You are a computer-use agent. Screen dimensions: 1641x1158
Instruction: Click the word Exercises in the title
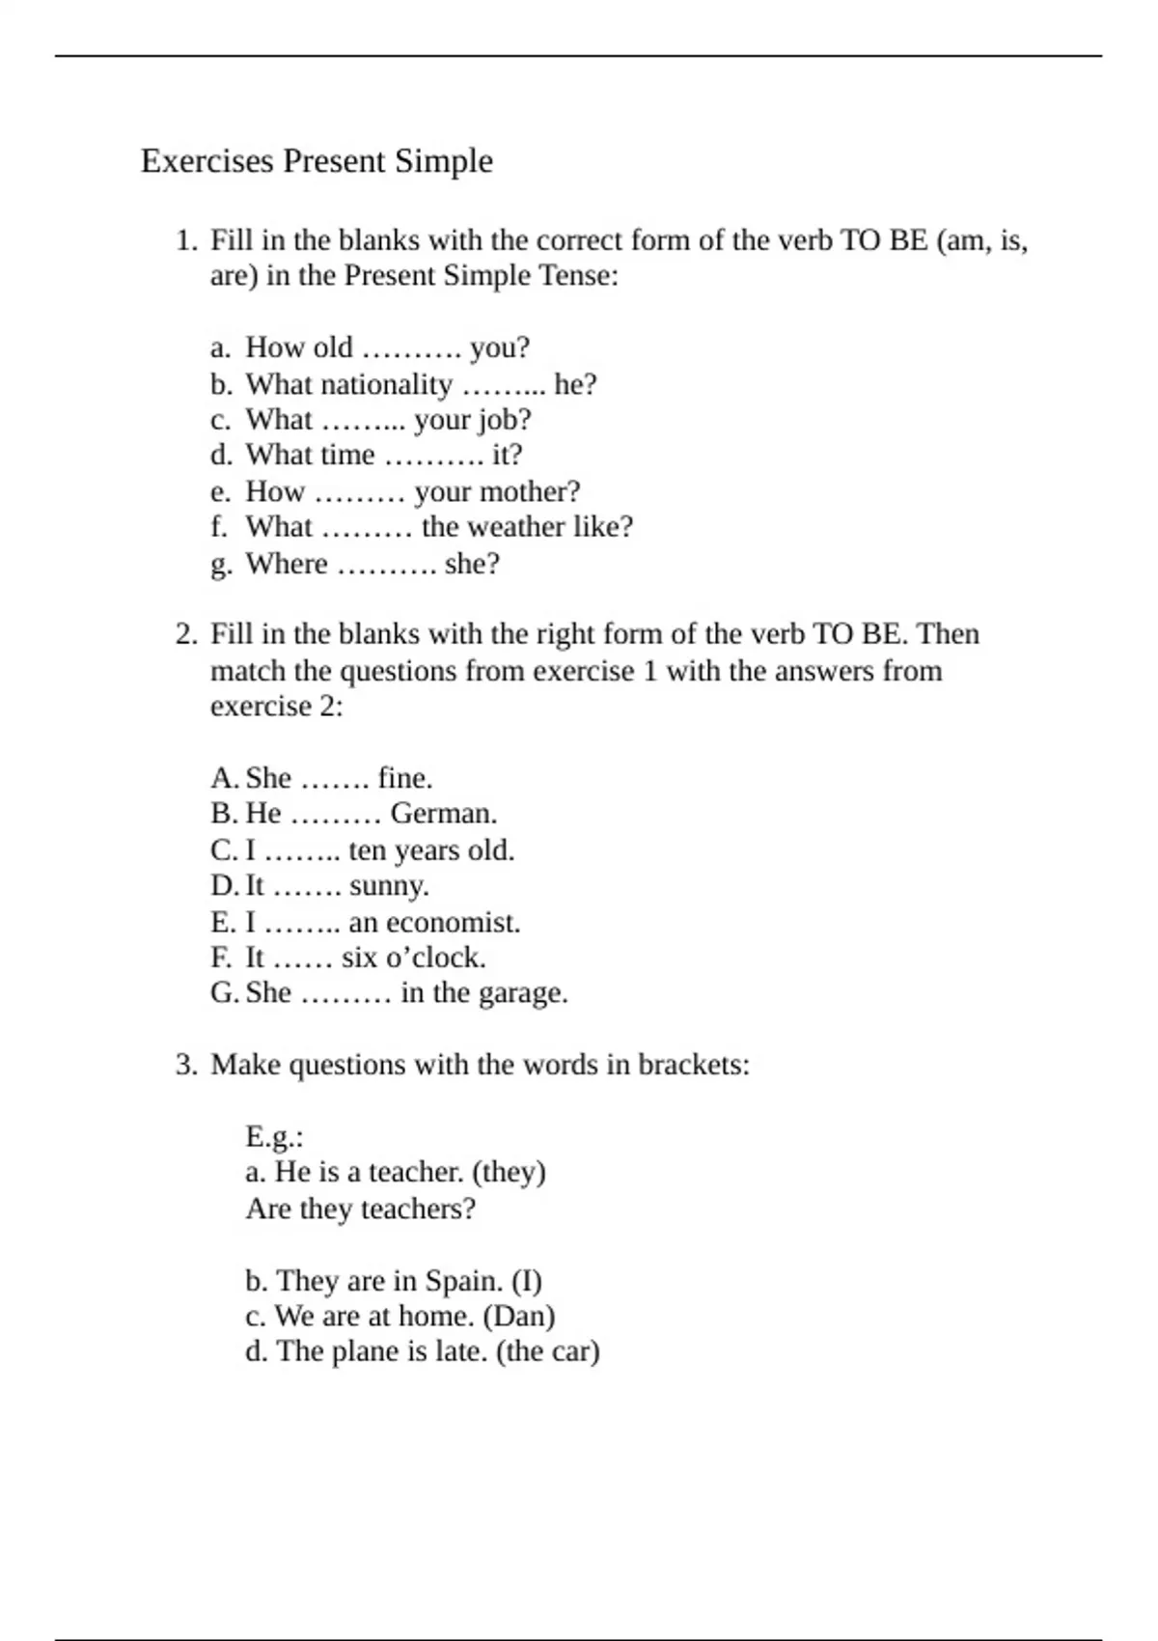pos(207,160)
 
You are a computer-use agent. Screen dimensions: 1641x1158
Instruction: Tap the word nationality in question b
pos(348,384)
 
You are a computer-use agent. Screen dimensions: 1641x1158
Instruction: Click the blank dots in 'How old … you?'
pos(411,348)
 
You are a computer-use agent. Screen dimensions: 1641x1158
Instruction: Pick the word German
pos(444,814)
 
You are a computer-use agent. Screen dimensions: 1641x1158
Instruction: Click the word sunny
pos(389,886)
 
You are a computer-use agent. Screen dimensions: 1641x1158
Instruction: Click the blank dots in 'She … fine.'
pos(335,778)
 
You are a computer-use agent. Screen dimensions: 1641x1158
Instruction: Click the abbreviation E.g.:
pos(274,1137)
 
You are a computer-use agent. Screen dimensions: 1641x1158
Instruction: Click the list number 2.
pos(186,634)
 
